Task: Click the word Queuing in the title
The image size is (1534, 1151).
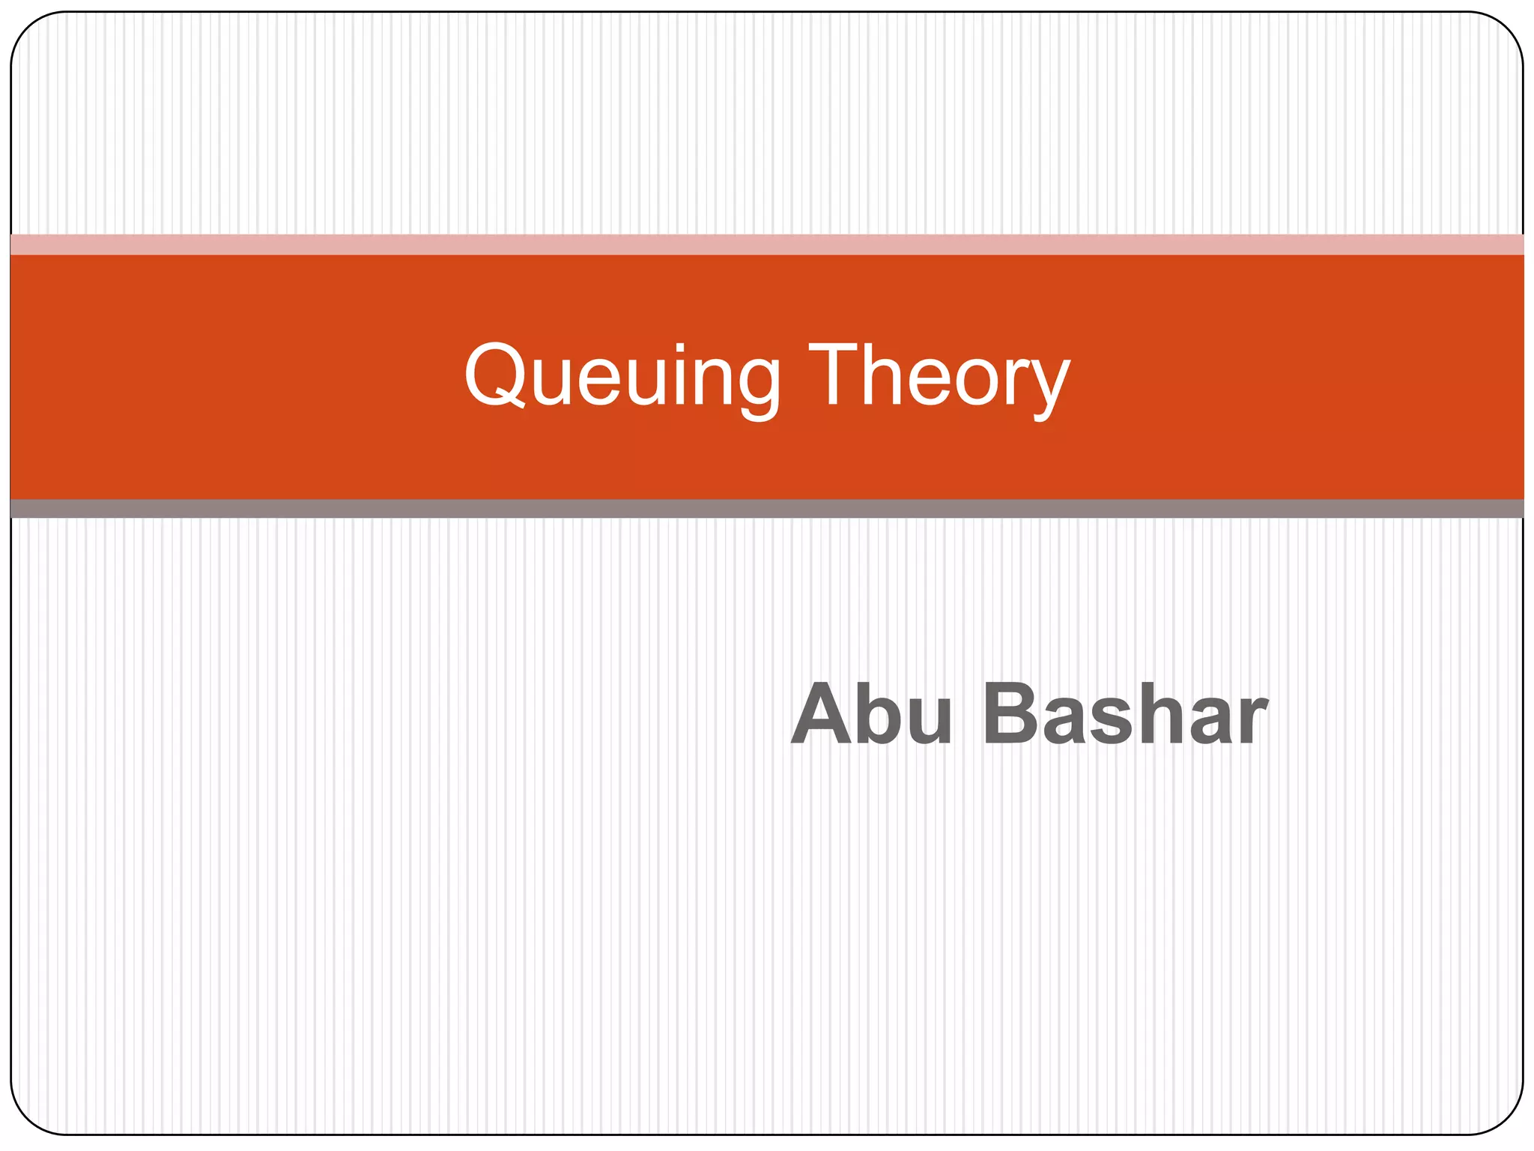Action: pyautogui.click(x=622, y=375)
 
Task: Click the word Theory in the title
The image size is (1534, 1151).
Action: pyautogui.click(x=939, y=375)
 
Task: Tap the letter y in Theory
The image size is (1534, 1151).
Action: pyautogui.click(x=1049, y=386)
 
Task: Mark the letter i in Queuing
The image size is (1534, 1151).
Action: pyautogui.click(x=679, y=375)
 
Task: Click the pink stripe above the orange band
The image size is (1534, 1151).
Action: pyautogui.click(x=767, y=244)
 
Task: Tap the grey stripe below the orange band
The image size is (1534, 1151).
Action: pyautogui.click(x=767, y=509)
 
